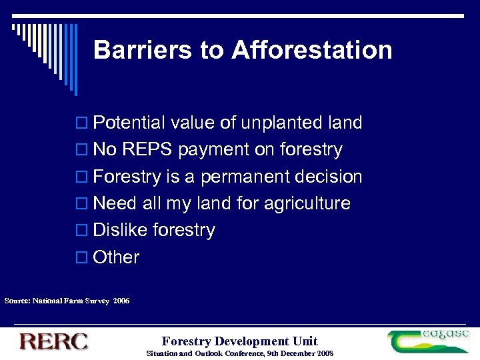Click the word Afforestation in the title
pos(312,51)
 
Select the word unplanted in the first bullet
pos(282,123)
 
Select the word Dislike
pos(121,231)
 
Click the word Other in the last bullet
pos(117,257)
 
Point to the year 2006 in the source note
pos(121,301)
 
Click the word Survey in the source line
pos(97,301)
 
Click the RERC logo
pos(53,341)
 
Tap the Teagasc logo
pos(429,341)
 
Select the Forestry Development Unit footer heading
pos(240,341)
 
